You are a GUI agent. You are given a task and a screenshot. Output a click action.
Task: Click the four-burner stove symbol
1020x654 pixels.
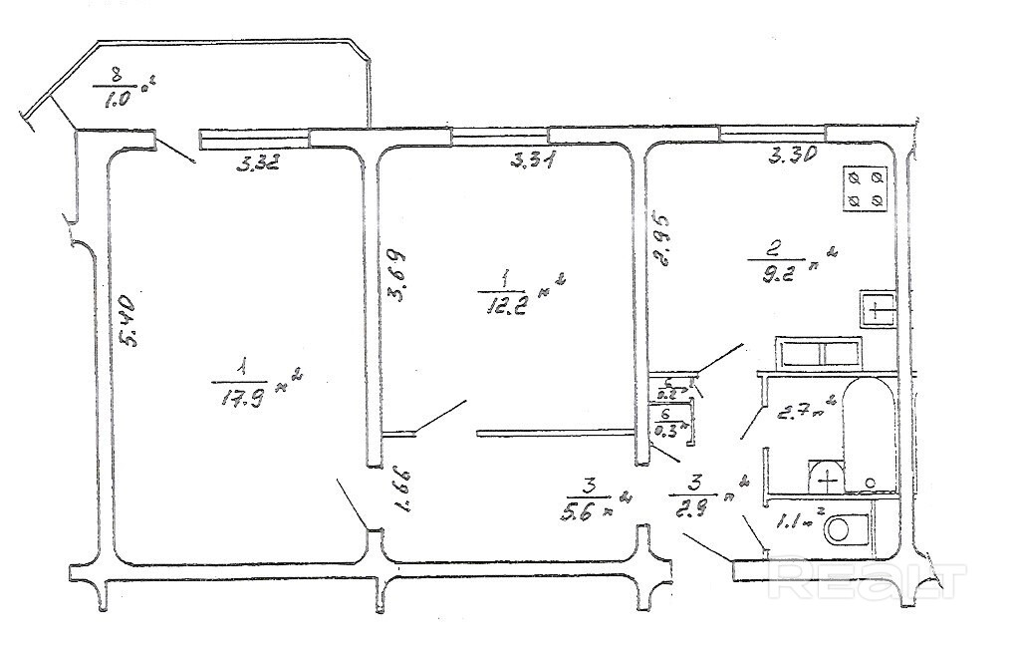[x=864, y=188]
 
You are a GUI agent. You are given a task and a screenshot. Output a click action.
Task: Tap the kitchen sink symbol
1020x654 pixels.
[x=877, y=310]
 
